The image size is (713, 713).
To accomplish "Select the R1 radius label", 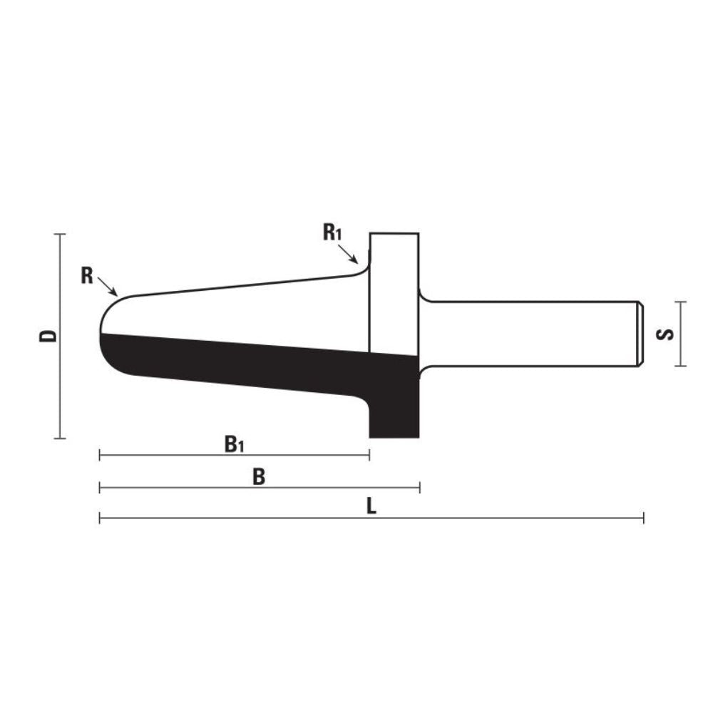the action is (x=332, y=232).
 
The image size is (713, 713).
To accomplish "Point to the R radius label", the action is (x=87, y=275).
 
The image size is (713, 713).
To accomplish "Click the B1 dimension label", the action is (x=234, y=444).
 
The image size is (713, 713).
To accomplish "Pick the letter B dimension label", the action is (x=258, y=477).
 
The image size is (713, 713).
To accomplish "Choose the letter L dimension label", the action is (x=371, y=506).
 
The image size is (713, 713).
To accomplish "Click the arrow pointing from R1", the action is (x=348, y=253).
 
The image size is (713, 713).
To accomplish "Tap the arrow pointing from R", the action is (x=108, y=286).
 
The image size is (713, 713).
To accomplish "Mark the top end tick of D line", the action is (x=60, y=234).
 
